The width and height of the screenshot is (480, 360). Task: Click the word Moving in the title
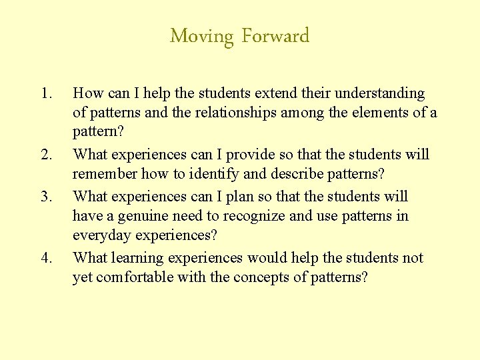(x=203, y=36)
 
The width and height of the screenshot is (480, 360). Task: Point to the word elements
(x=377, y=113)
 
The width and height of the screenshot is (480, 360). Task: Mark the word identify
(x=225, y=174)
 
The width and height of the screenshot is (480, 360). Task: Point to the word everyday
(x=102, y=235)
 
